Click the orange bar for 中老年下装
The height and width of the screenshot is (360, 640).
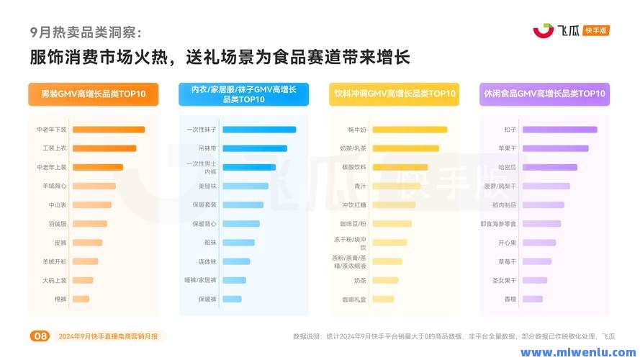(108, 130)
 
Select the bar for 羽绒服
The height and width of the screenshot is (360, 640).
(89, 224)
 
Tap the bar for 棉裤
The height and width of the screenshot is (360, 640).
(81, 299)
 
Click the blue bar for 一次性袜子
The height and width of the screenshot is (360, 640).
(259, 130)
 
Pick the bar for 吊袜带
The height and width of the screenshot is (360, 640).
(254, 148)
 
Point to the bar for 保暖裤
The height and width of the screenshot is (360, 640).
(232, 299)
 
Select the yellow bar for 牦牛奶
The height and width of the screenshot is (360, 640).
(410, 130)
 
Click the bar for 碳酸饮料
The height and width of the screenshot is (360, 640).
(400, 167)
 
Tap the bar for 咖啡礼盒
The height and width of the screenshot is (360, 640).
(383, 299)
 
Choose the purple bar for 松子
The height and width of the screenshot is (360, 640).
(559, 130)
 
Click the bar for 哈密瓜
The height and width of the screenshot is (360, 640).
(549, 167)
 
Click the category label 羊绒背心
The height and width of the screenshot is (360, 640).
(55, 186)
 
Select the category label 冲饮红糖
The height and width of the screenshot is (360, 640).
(354, 204)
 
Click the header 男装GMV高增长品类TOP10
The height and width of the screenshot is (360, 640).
(94, 94)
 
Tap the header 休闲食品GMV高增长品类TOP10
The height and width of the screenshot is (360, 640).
(544, 94)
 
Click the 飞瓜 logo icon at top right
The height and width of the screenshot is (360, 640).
(544, 30)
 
